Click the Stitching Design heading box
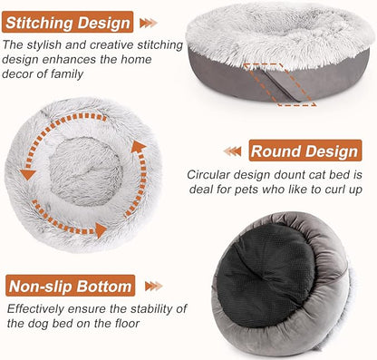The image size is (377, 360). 69,22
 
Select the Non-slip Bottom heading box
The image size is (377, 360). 70,287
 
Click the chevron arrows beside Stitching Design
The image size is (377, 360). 151,22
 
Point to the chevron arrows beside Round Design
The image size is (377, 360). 233,151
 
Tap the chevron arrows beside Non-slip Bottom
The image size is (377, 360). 151,287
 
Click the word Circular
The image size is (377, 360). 213,174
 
